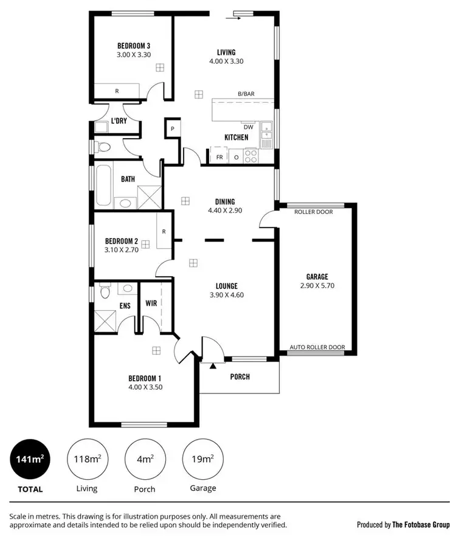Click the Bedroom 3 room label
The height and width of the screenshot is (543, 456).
(x=134, y=46)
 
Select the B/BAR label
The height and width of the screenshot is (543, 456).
(x=247, y=94)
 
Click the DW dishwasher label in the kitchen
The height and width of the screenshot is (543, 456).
(x=248, y=127)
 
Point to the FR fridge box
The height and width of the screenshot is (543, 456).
(x=219, y=157)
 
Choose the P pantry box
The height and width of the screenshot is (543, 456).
(x=172, y=129)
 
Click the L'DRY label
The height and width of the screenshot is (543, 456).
(x=118, y=121)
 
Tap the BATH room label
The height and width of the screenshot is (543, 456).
(x=128, y=179)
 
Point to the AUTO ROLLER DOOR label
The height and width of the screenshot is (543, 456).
(x=317, y=348)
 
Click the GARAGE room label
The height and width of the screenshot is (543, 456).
(x=317, y=277)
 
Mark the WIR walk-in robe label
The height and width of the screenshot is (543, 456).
(x=151, y=302)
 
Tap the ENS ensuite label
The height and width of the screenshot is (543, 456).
(x=125, y=306)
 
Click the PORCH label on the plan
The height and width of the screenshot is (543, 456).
(x=240, y=377)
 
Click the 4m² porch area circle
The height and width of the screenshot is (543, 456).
(x=145, y=459)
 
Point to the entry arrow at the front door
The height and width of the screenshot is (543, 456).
(x=213, y=365)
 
